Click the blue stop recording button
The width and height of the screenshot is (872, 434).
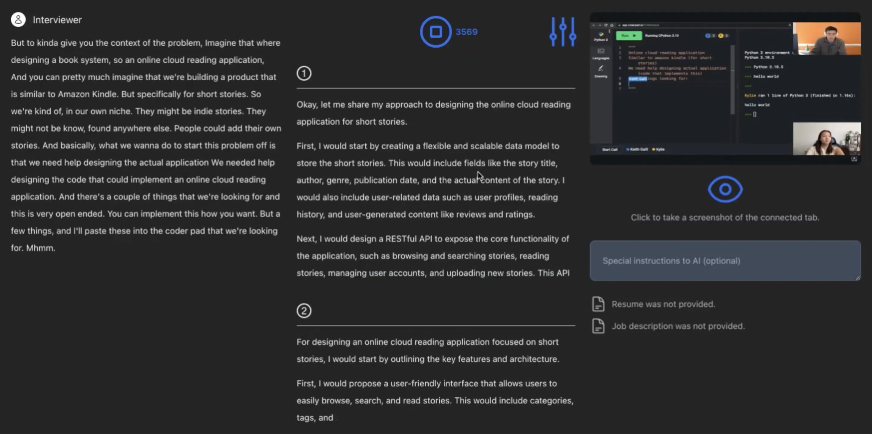click(x=435, y=32)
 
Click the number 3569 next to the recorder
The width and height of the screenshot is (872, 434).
click(x=466, y=32)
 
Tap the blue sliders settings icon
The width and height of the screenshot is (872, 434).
click(x=563, y=32)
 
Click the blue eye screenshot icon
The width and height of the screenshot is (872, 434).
click(x=725, y=189)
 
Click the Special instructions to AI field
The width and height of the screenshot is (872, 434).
click(x=725, y=260)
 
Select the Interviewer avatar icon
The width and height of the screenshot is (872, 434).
click(x=18, y=20)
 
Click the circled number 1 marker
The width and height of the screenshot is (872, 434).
click(x=304, y=73)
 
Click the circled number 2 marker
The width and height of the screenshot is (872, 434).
click(x=304, y=311)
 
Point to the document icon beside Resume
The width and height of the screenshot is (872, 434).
click(x=598, y=304)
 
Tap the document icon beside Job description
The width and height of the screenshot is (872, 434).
click(x=598, y=326)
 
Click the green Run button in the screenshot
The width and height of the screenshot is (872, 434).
click(x=628, y=35)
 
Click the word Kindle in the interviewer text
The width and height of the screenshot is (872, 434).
click(x=104, y=94)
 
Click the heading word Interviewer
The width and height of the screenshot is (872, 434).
click(x=57, y=20)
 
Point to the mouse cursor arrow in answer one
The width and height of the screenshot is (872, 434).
click(x=479, y=175)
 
